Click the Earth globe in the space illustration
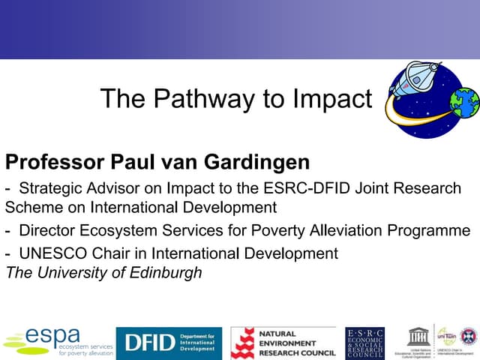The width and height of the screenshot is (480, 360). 464,103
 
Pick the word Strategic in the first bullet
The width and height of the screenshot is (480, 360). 52,187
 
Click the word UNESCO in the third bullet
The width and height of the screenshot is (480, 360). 49,253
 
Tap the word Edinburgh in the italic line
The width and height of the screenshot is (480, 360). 166,272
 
